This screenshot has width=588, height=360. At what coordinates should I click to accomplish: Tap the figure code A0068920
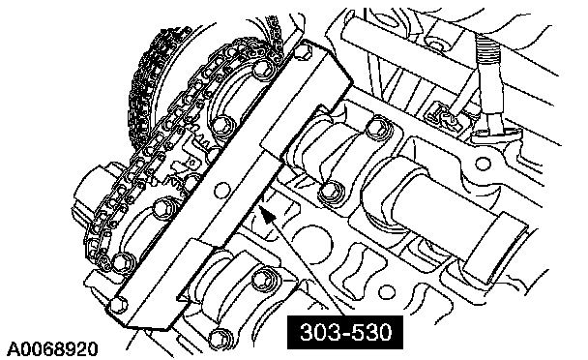coord(52,348)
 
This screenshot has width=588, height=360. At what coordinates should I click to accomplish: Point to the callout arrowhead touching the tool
coord(267,215)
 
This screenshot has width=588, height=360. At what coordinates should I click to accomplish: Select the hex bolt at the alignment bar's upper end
coord(304,51)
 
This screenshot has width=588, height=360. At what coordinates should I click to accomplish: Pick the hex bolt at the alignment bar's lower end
coord(119,304)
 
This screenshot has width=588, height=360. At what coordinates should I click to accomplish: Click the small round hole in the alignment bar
coord(222,190)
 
